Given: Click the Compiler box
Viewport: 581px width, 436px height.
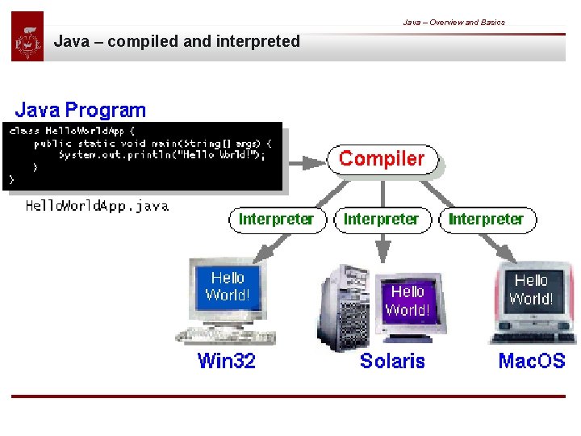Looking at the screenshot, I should tap(382, 159).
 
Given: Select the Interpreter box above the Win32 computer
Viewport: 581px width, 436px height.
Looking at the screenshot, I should tap(276, 220).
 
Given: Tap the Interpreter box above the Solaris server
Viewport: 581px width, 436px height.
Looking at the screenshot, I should tap(381, 220).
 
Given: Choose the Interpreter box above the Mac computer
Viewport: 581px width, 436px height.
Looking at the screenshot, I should tap(486, 220).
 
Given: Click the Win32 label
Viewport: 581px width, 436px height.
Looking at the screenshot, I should tap(226, 361).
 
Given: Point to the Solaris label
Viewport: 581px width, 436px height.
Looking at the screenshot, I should tap(392, 361).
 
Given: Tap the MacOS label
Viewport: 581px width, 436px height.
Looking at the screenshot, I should tap(532, 361).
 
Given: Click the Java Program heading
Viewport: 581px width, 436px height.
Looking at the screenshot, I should tap(81, 110).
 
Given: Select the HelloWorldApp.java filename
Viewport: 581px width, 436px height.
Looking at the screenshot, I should tap(97, 206).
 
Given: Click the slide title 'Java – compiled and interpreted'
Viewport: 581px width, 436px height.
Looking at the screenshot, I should tap(177, 41).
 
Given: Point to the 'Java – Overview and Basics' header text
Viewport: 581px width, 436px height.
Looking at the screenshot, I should tap(454, 22).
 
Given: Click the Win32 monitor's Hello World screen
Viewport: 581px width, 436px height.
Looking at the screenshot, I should tap(228, 287).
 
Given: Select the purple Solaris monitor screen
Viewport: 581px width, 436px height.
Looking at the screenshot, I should tap(408, 300).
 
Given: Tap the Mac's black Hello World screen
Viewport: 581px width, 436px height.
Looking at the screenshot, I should tap(530, 290).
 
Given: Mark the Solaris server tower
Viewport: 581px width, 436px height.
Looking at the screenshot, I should tap(345, 308).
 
